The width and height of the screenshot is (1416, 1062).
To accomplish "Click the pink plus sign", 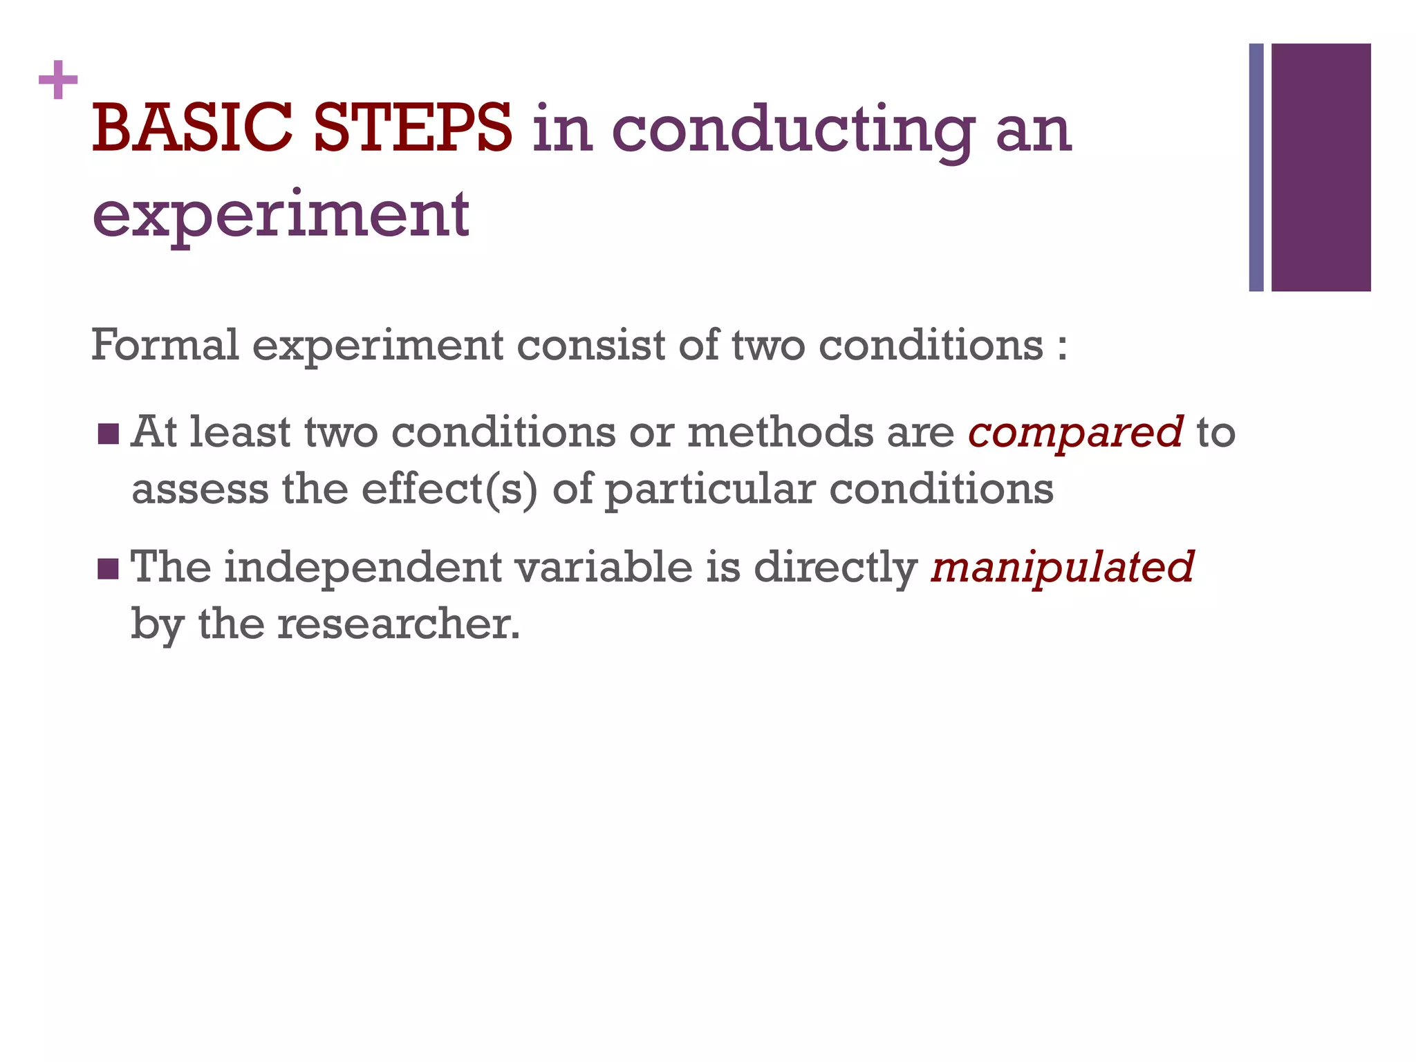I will click(x=58, y=80).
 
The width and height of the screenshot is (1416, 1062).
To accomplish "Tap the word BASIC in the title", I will click(x=192, y=129).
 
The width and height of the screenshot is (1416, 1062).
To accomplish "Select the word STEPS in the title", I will click(x=412, y=129).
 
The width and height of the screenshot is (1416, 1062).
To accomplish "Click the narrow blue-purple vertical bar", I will click(x=1256, y=167).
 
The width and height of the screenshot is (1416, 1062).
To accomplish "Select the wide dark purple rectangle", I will click(x=1321, y=167).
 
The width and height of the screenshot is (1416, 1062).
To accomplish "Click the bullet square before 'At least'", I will click(x=109, y=434).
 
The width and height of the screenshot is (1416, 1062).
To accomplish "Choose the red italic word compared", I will click(x=1075, y=433).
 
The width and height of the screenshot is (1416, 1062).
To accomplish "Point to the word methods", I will click(x=781, y=432).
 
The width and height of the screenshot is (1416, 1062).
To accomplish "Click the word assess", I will click(x=200, y=490).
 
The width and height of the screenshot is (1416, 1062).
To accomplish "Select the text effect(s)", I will click(x=449, y=490).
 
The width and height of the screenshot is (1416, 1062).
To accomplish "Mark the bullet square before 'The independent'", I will click(x=109, y=570).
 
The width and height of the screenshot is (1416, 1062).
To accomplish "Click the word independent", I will click(x=363, y=568).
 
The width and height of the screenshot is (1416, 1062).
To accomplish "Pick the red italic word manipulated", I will click(x=1062, y=568).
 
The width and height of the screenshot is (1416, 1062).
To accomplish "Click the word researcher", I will click(x=398, y=624).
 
